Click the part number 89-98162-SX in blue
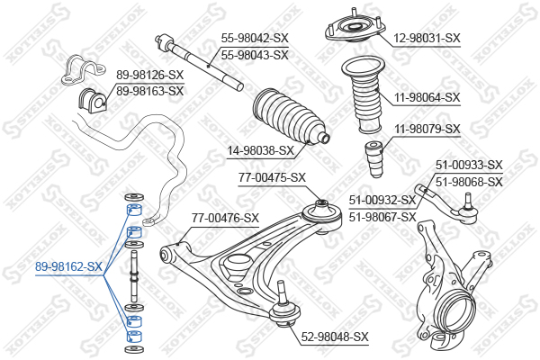pos(68,266)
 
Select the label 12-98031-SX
pos(427,38)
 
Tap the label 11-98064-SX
pos(427,97)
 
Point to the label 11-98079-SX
pos(427,130)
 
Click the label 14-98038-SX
pos(261,150)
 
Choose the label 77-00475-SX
pos(272,178)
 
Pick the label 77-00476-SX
pos(225,218)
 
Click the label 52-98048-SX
pos(335,337)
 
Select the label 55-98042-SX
pos(255,38)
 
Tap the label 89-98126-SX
pos(149,75)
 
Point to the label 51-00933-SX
pos(469,165)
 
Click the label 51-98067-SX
pos(382,218)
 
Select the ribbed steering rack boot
pos(291,117)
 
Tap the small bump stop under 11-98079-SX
pos(374,158)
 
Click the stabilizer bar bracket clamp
pos(83,69)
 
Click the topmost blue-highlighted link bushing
pos(134,210)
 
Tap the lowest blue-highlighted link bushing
pos(134,337)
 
